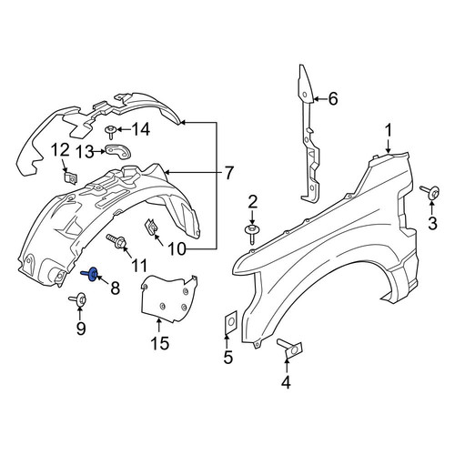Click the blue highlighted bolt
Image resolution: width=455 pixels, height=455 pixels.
coord(90,274)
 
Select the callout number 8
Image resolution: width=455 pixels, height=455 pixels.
coord(115,288)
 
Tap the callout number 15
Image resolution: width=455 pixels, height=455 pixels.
coord(160,343)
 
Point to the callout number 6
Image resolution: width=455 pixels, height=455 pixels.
coord(333,99)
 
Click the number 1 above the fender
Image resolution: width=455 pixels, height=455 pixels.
coord(389,132)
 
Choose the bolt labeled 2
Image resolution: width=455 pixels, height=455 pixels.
coord(251,233)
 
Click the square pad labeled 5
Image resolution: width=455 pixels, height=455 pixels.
coord(230,321)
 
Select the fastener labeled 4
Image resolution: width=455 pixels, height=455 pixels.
coord(289,349)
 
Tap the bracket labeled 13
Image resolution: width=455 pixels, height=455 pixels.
coord(117,151)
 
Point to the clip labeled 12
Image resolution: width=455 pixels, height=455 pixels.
coord(71,178)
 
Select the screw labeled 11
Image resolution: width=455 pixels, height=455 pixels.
coord(116,242)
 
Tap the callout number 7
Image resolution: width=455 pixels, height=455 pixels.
coord(228,173)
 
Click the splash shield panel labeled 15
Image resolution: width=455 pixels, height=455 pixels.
coord(169,298)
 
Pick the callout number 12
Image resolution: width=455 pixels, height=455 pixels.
coord(62,151)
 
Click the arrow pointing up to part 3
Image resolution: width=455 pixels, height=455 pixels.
coord(431,207)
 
